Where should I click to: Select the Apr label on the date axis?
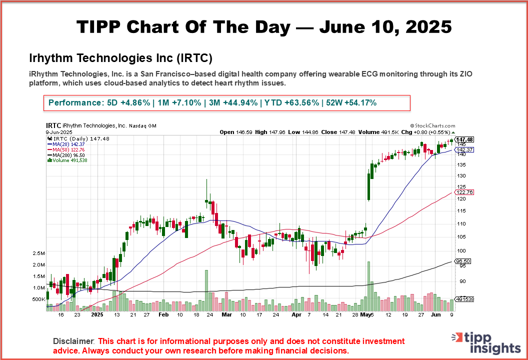point(296,315)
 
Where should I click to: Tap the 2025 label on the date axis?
point(98,315)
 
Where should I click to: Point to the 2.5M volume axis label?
point(38,253)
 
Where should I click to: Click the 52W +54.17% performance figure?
point(351,102)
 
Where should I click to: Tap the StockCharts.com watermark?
point(432,126)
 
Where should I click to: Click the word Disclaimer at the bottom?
point(73,341)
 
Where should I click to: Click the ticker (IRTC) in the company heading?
point(195,58)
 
